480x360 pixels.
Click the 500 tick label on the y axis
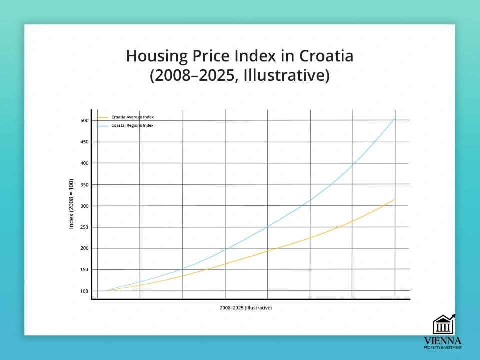[84, 120]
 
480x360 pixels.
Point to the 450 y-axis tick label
[84, 142]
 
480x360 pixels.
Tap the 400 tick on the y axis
[84, 163]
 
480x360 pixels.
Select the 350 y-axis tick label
[84, 185]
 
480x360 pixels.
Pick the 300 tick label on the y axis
[84, 206]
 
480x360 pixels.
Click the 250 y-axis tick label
[84, 227]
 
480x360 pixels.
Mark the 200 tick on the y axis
[84, 248]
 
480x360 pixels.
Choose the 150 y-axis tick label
[84, 270]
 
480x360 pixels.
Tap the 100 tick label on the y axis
[84, 291]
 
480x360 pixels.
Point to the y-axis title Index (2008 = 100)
[71, 204]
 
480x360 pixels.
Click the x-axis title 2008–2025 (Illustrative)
[246, 308]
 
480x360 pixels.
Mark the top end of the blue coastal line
[395, 119]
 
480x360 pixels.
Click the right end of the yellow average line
[395, 199]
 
